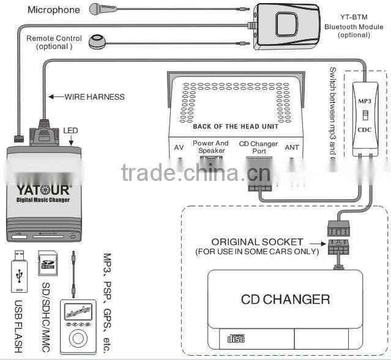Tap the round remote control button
click(97, 41)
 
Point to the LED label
click(70, 131)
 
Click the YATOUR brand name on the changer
click(42, 189)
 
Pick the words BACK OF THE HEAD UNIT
click(236, 127)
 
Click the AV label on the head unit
click(179, 147)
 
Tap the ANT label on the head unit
click(292, 147)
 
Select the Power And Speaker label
click(210, 147)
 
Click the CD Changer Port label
click(258, 147)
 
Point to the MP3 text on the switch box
click(365, 101)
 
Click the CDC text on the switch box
click(365, 129)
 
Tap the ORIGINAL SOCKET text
click(257, 242)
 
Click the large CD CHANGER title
click(285, 299)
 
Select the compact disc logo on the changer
click(236, 337)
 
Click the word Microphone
click(54, 10)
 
